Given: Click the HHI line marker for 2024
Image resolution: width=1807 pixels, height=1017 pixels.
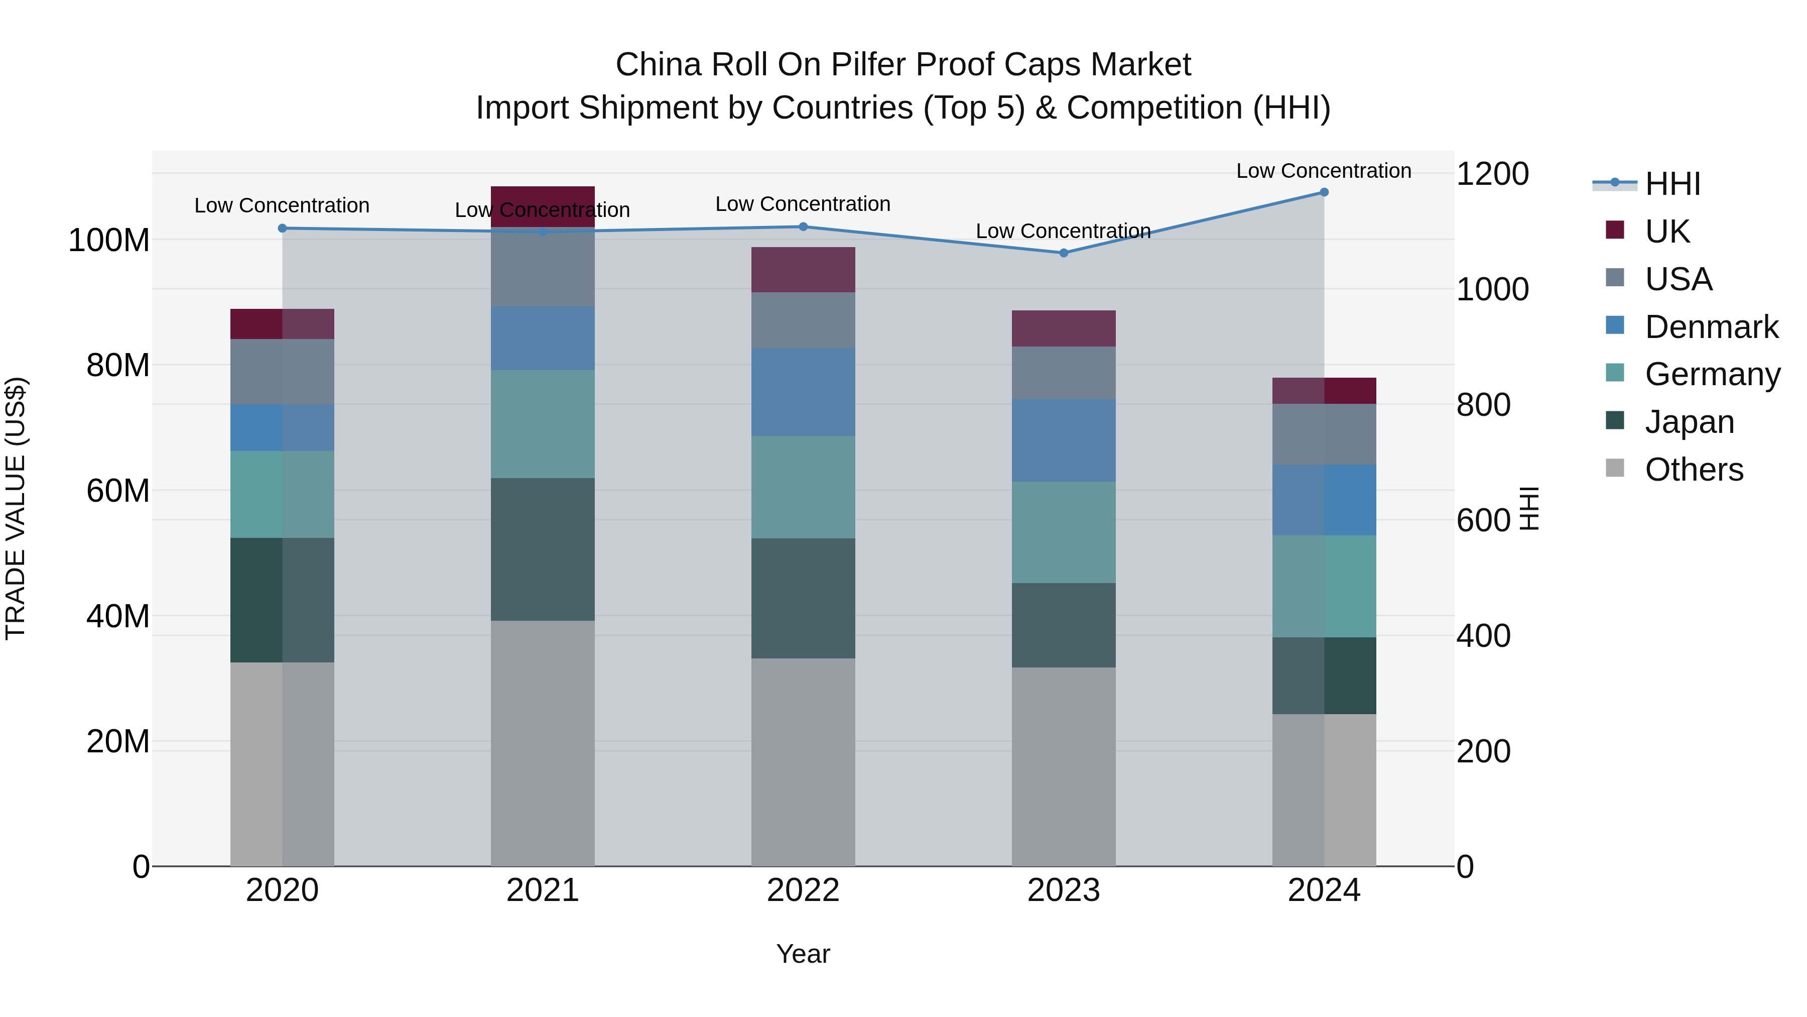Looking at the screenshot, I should tap(1324, 192).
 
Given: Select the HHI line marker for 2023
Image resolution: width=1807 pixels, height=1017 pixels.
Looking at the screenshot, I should tap(1064, 253).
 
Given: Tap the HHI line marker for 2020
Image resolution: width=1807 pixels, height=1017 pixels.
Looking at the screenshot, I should tap(282, 228).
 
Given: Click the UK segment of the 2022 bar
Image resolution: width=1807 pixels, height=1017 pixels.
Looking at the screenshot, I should tap(803, 270).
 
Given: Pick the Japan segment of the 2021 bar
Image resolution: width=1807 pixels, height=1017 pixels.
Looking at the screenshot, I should tap(542, 549).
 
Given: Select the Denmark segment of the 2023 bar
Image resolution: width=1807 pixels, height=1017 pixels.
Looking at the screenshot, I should tap(1064, 440).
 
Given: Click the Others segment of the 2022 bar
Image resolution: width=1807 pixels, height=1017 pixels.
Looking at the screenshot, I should tap(803, 761).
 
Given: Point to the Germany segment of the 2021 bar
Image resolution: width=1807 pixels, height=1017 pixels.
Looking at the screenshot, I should tap(542, 424).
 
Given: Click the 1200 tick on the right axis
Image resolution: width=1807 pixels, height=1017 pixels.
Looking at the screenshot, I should tap(1493, 174).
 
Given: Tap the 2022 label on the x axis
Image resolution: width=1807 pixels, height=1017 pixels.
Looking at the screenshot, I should tap(803, 890).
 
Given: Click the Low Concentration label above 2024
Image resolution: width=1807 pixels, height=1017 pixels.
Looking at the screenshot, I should tap(1324, 171).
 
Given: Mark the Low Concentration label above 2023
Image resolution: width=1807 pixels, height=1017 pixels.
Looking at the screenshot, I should tap(1064, 231).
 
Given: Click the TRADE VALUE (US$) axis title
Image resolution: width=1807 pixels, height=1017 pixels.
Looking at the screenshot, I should tap(16, 508).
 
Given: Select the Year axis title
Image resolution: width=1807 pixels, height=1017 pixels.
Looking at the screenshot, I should tap(803, 954).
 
